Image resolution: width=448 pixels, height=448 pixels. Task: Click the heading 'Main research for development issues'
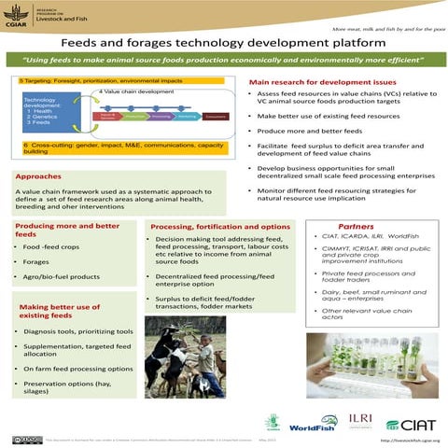tap(322, 83)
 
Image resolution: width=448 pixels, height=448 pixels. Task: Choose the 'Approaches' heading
tap(39, 175)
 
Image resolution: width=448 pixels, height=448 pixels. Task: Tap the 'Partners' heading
tap(356, 227)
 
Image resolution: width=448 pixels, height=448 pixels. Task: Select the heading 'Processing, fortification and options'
tap(220, 227)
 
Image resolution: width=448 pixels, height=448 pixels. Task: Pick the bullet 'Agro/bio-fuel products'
tap(62, 277)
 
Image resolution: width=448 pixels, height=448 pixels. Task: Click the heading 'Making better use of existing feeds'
tap(60, 310)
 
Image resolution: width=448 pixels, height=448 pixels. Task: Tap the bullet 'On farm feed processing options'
tap(78, 369)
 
